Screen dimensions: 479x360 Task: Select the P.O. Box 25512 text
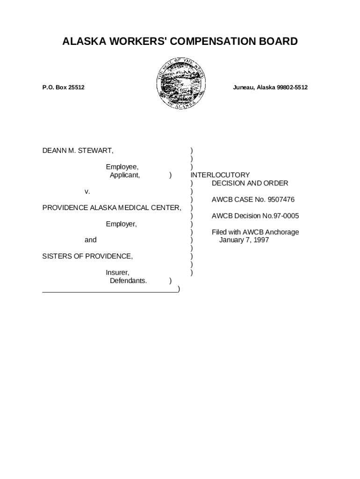63,87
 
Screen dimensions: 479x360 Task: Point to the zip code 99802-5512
290,87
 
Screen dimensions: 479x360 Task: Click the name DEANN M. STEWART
78,151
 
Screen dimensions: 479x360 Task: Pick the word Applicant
124,175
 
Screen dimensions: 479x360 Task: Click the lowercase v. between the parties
87,191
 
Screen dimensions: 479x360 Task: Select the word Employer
121,224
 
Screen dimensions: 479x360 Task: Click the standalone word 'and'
91,240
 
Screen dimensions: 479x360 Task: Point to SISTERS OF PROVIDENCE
87,256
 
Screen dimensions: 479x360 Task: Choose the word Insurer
117,273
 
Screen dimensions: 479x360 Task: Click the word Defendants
128,281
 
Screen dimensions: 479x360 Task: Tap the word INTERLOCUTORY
220,175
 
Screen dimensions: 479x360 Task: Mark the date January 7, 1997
244,240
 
